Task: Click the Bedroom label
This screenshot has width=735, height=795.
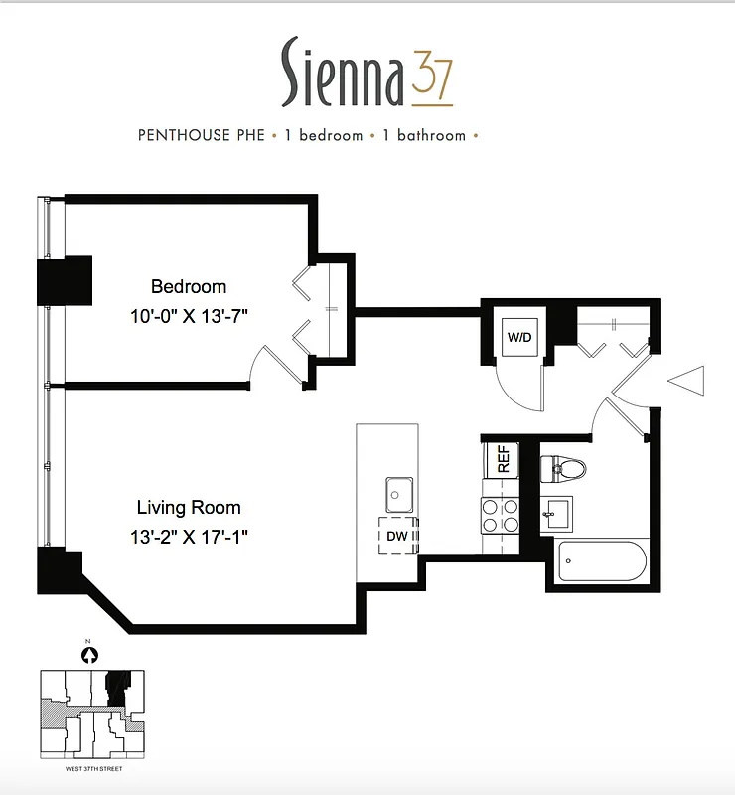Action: [189, 287]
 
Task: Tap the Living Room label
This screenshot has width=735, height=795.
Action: [189, 508]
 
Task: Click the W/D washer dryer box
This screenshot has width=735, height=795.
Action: [519, 337]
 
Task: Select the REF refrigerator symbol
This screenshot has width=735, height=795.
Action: [502, 459]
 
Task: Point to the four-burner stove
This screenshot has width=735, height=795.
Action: [501, 514]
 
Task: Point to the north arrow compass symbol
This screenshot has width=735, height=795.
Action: [90, 654]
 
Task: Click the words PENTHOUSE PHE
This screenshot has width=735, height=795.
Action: [202, 135]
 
